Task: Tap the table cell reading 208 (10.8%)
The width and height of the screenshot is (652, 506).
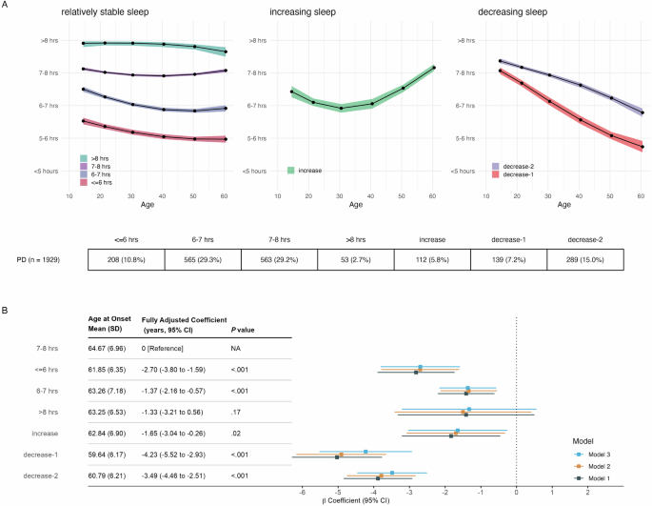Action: pos(126,258)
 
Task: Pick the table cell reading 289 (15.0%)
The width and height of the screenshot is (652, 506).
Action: pos(591,258)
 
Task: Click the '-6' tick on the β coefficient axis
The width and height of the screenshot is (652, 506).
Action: pos(303,493)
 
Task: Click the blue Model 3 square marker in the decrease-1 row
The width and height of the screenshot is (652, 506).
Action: pos(366,452)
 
